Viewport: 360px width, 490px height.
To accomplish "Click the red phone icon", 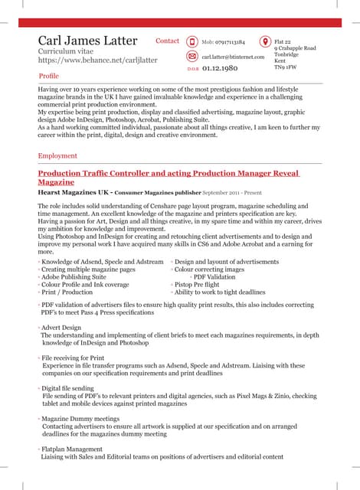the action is point(191,41).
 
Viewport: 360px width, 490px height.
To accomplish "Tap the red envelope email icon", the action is point(191,57).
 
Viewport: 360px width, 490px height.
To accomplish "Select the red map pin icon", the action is point(265,41).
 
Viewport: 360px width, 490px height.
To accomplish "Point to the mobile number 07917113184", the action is point(223,42).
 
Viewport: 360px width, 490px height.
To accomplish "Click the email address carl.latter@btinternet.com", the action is point(233,57).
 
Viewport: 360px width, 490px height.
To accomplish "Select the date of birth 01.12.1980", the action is point(220,69).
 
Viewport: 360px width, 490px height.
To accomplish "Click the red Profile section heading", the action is point(48,77).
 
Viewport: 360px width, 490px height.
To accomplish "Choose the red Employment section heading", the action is point(57,156).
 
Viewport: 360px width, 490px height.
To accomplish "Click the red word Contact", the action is point(167,41).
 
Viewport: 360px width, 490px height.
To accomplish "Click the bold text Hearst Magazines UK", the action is point(74,192).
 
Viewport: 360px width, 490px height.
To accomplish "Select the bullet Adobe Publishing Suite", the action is point(74,276).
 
